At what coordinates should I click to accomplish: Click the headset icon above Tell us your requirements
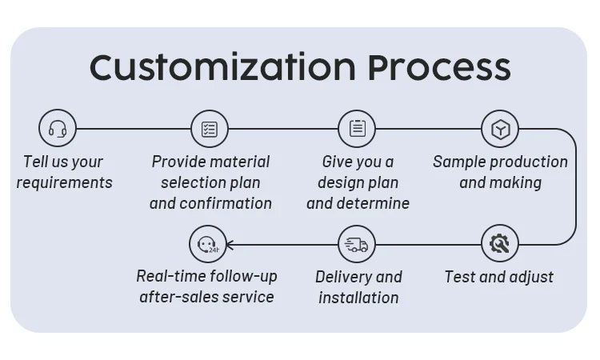[58, 128]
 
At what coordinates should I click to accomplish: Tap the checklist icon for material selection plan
[210, 128]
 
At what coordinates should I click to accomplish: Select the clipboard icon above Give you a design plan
[357, 128]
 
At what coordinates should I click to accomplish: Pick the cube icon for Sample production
[500, 128]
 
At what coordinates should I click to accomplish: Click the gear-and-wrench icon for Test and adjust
[500, 242]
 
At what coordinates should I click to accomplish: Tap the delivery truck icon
[357, 244]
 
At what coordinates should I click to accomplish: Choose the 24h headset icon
[207, 244]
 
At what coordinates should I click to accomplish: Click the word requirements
[64, 183]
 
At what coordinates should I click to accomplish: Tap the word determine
[374, 204]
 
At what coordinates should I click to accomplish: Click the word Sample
[458, 162]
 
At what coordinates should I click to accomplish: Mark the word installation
[358, 298]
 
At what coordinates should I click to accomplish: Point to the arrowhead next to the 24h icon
[232, 244]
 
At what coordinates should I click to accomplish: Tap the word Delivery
[343, 278]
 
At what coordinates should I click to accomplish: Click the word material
[239, 162]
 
